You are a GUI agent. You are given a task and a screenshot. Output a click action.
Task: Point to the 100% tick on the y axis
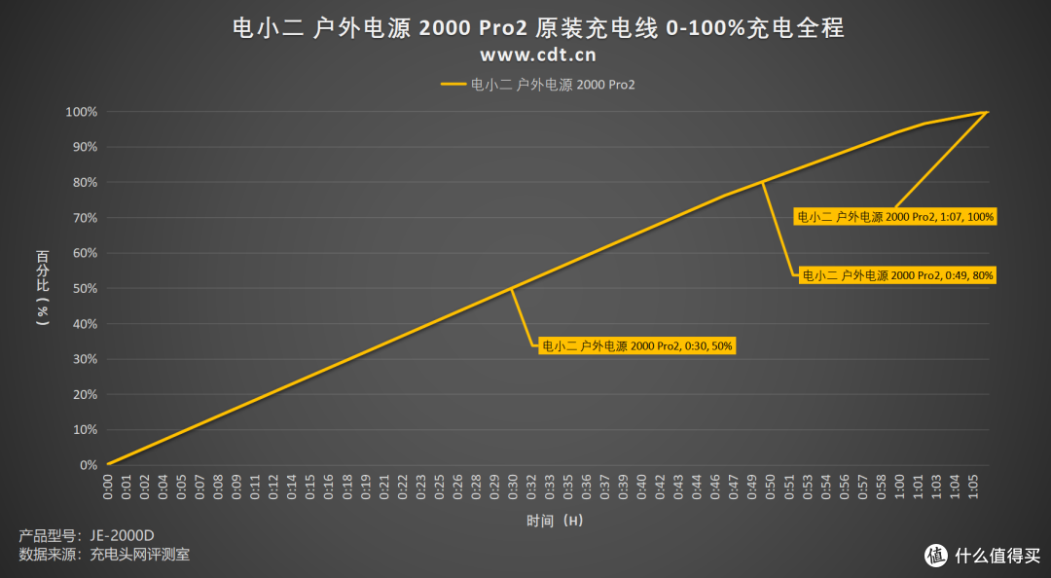tap(82, 112)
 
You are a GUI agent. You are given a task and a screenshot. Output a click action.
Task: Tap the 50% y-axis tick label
tap(85, 288)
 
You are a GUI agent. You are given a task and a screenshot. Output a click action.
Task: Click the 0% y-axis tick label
tap(88, 465)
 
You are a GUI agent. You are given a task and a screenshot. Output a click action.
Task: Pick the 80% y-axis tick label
tap(85, 182)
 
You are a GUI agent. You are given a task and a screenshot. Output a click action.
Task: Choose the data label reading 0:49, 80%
tap(896, 275)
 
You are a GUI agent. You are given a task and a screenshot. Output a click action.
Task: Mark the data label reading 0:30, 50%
tap(638, 345)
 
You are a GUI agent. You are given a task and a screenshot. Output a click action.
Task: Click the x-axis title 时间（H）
tap(555, 521)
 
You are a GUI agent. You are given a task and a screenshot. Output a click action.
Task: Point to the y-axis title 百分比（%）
tap(43, 288)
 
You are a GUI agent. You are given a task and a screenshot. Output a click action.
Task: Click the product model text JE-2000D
tap(87, 536)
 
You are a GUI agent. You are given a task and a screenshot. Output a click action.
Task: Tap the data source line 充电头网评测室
tap(104, 556)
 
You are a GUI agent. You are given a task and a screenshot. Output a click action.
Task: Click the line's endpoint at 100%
tap(987, 112)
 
